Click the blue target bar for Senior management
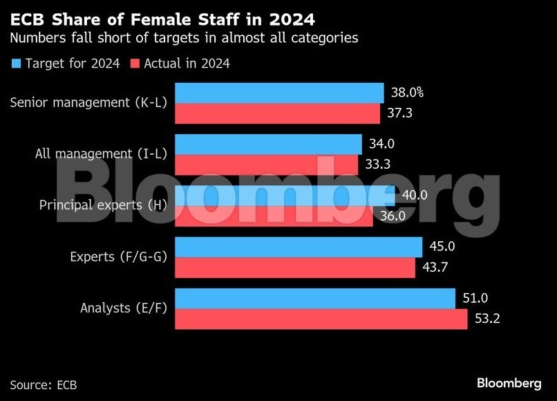pyautogui.click(x=279, y=93)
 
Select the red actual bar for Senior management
pyautogui.click(x=277, y=113)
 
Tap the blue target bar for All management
pyautogui.click(x=268, y=144)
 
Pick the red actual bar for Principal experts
pyautogui.click(x=274, y=216)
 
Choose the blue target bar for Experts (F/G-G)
pyautogui.click(x=299, y=247)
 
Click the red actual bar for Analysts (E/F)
pyautogui.click(x=321, y=319)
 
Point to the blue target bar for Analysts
pyautogui.click(x=315, y=299)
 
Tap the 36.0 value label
pyautogui.click(x=392, y=216)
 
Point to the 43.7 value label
pyautogui.click(x=435, y=268)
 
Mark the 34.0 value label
pyautogui.click(x=382, y=144)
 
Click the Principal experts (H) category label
pyautogui.click(x=103, y=205)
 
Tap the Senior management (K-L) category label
pyautogui.click(x=88, y=103)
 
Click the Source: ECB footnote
pyautogui.click(x=44, y=384)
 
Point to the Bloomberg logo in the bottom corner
pyautogui.click(x=509, y=383)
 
